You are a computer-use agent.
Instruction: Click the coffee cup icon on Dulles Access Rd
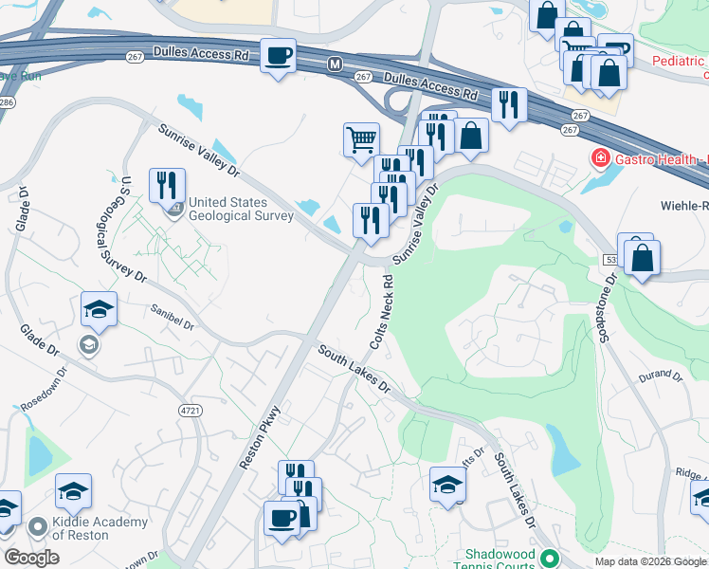tap(278, 56)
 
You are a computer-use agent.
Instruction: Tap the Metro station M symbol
tap(334, 64)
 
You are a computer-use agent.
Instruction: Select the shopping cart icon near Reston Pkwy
tap(361, 140)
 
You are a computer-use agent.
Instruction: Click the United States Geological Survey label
tap(240, 209)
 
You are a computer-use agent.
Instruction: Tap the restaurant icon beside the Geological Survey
tap(167, 186)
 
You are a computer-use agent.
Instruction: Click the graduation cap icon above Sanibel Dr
tap(99, 309)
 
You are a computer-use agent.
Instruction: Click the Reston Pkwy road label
tap(262, 437)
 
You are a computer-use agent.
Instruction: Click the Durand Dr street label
tap(659, 376)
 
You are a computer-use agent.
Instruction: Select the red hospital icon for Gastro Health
tap(599, 157)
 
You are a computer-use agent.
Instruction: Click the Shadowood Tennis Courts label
tap(500, 560)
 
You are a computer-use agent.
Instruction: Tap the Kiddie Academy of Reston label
tap(100, 528)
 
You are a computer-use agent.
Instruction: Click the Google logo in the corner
tap(31, 558)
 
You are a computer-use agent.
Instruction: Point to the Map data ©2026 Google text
tap(648, 561)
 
